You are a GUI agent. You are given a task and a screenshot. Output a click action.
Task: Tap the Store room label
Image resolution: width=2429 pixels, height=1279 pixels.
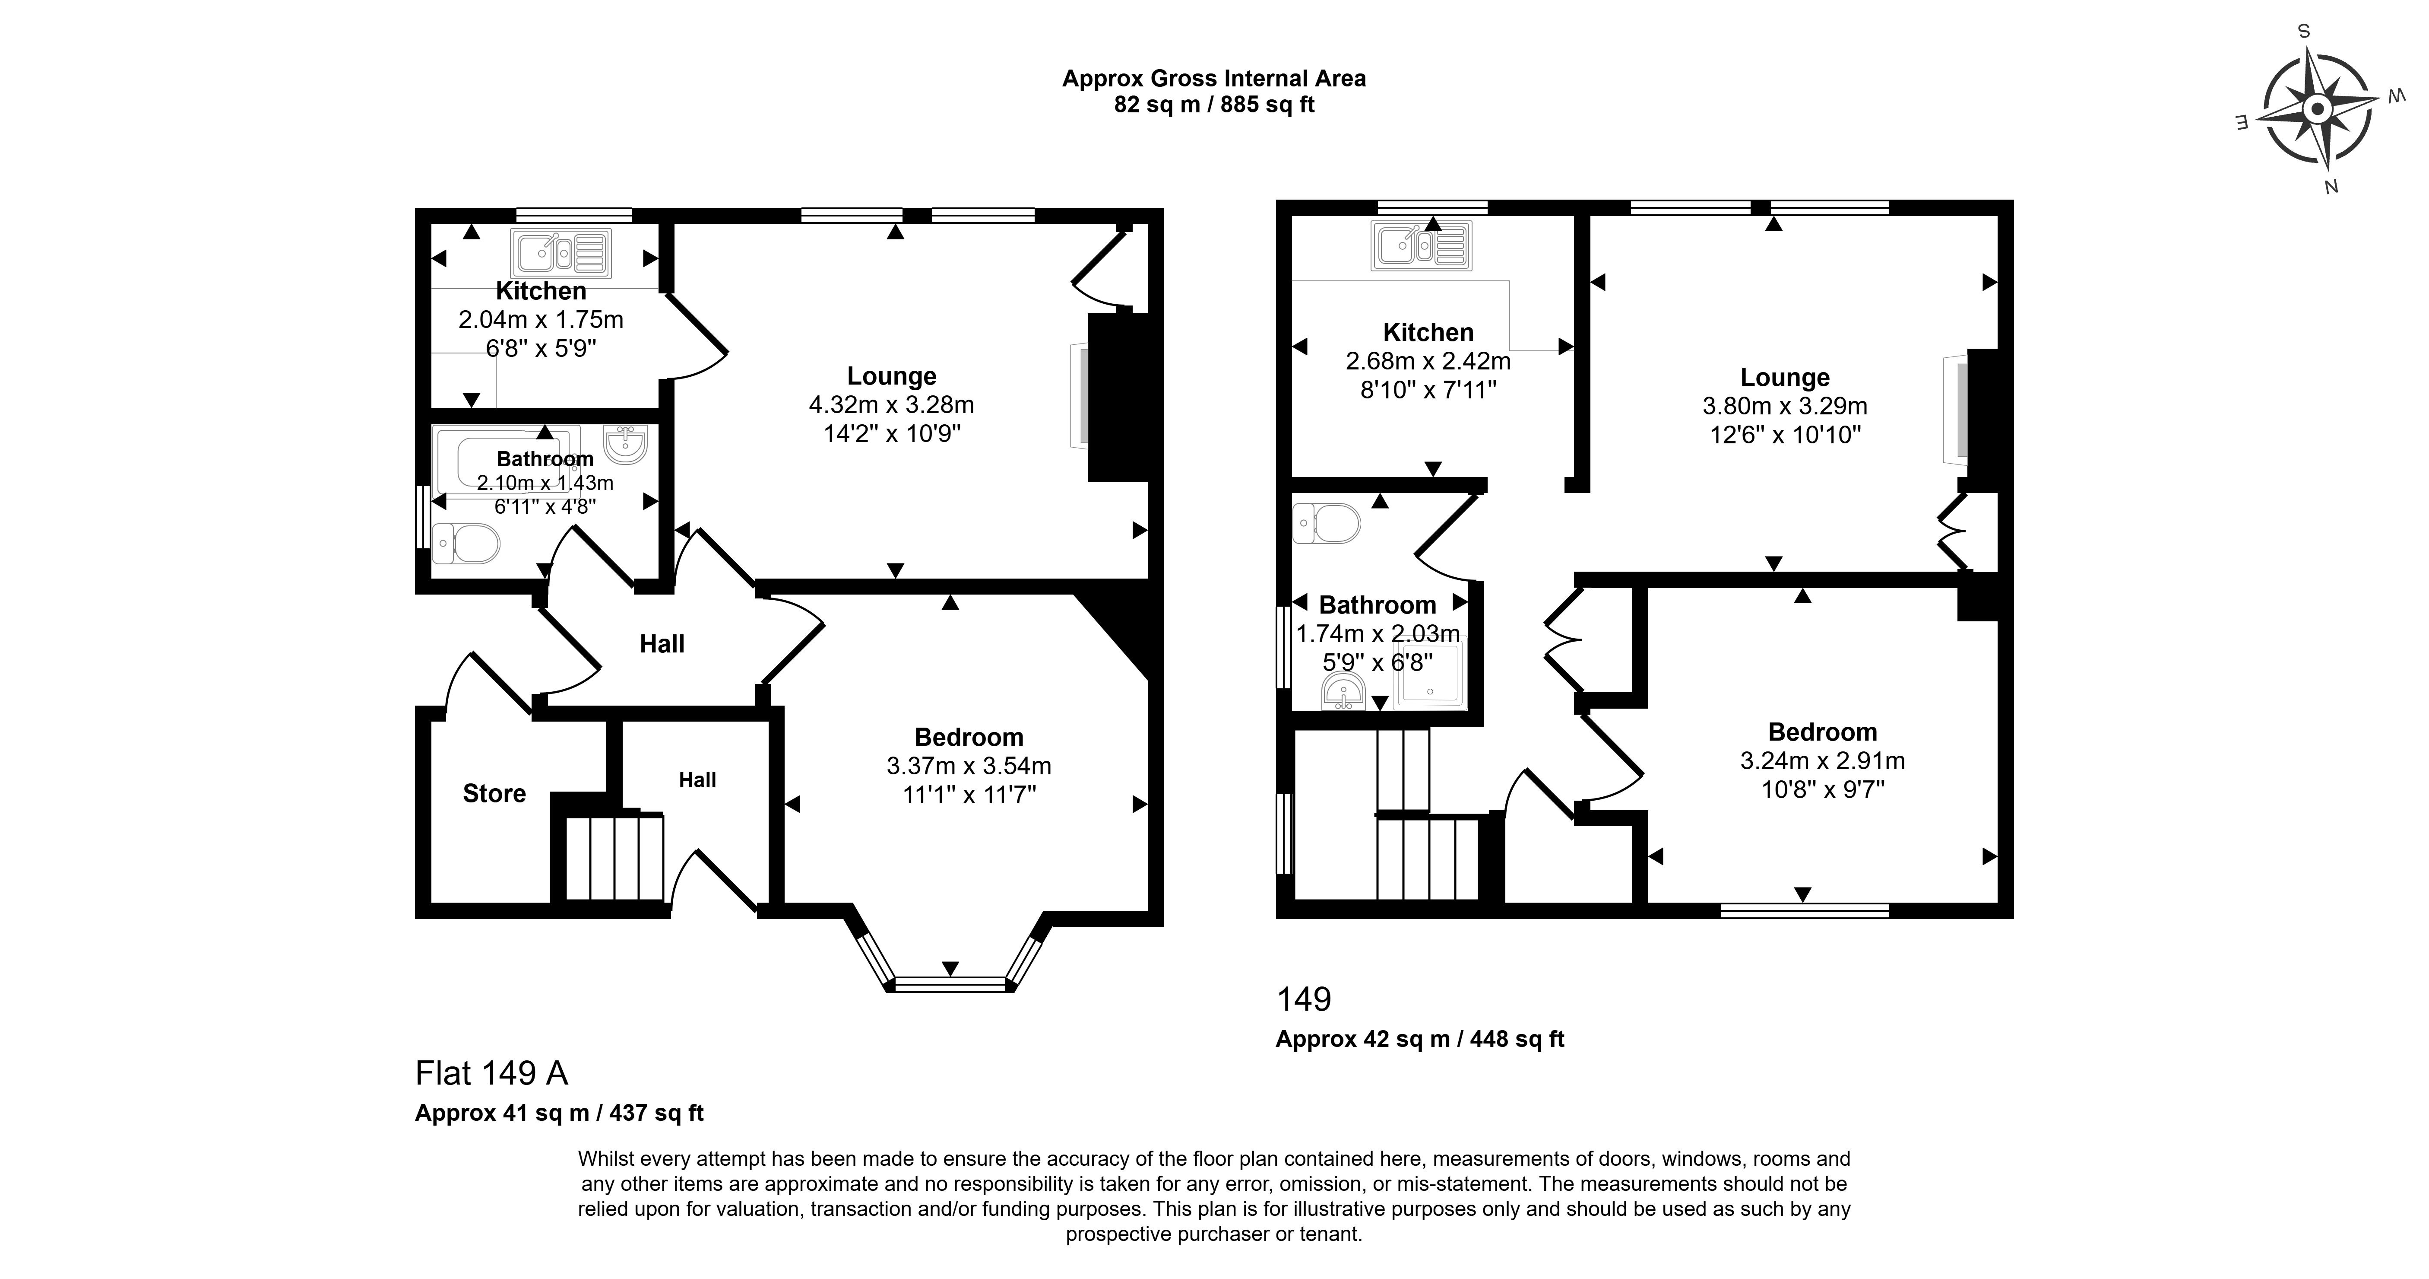point(494,793)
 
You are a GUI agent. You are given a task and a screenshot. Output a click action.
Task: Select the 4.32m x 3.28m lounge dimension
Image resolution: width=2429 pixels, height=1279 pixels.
point(891,404)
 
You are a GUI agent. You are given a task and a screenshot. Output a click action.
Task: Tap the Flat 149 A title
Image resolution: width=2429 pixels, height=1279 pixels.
point(491,1072)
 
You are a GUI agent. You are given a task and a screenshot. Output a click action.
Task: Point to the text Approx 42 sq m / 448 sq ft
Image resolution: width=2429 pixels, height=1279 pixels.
point(1420,1038)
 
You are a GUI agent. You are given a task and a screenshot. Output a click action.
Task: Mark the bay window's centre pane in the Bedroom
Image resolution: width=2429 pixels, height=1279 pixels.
point(950,985)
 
